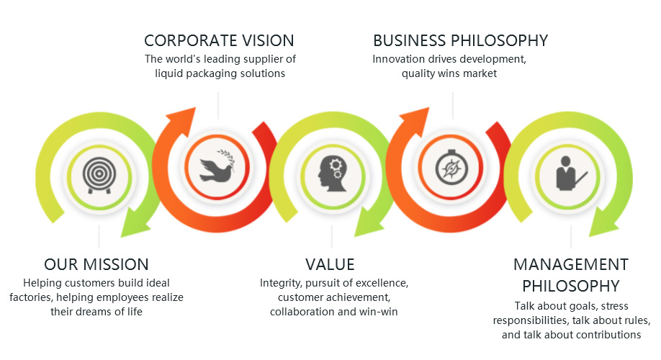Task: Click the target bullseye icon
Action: click(x=99, y=176)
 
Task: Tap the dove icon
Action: click(x=217, y=166)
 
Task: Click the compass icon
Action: click(x=451, y=167)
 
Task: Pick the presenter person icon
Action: click(x=571, y=173)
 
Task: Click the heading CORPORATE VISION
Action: click(x=219, y=40)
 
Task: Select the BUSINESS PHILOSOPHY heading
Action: click(x=460, y=40)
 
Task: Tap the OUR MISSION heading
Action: click(x=96, y=264)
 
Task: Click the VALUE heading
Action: click(x=330, y=264)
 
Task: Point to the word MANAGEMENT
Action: click(x=571, y=264)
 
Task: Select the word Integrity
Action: click(x=280, y=283)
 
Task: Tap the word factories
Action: click(x=31, y=297)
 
